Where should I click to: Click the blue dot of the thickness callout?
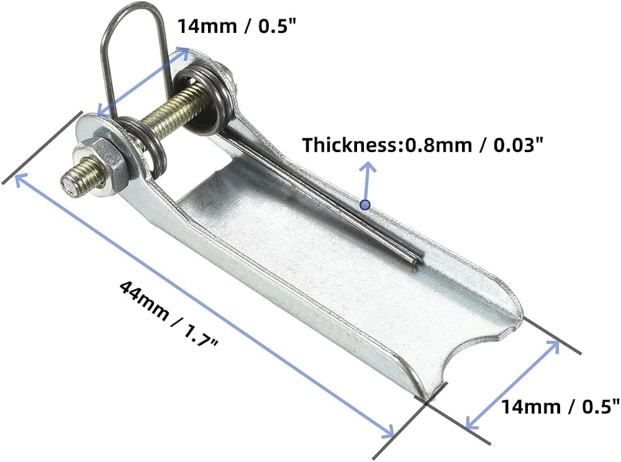pos(365,205)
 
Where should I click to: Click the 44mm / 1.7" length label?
pos(168,314)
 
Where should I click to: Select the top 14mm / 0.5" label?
pos(237,27)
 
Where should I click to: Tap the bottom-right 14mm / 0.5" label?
pos(560,407)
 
